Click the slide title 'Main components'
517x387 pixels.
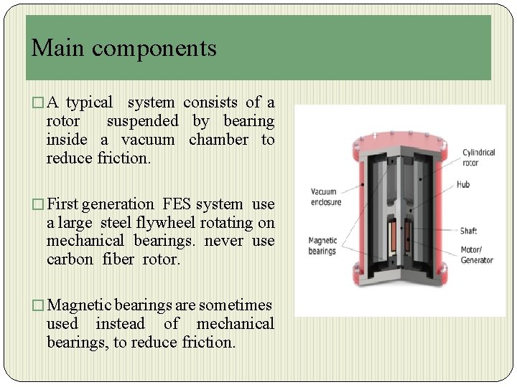124,48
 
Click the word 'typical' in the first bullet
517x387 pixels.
90,102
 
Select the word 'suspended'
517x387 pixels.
142,121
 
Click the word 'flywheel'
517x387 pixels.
163,223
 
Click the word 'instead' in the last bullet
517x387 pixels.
121,324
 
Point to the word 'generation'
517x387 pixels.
118,204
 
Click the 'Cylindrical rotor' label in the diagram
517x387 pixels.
478,158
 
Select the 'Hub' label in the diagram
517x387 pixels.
463,185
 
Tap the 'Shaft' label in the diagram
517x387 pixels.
468,231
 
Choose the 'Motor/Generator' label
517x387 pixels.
476,255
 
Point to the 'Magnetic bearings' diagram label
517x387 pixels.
322,246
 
